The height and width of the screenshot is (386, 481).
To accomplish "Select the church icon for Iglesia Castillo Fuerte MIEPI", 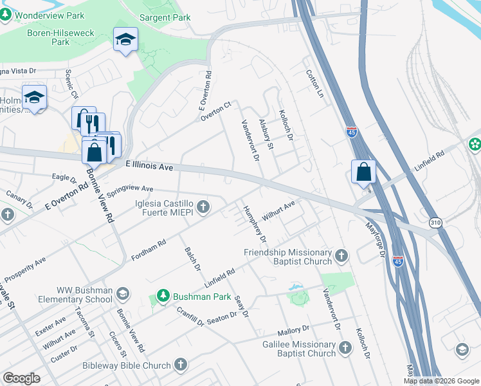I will tap(203, 207).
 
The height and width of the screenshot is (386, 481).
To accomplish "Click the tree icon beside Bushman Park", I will tap(163, 295).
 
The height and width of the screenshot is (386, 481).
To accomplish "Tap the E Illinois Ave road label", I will tap(150, 166).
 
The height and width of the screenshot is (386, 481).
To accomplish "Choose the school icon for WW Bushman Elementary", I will tap(122, 294).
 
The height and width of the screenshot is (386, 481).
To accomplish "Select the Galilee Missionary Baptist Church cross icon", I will tap(345, 348).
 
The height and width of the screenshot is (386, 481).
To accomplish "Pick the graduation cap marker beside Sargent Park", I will tap(125, 40).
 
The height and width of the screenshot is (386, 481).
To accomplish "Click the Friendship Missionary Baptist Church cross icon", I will tap(341, 257).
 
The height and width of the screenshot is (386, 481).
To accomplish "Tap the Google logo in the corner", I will tap(21, 378).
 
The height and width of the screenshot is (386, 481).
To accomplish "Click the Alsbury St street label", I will tap(266, 134).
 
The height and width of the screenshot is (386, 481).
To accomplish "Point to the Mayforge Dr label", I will tap(375, 239).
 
